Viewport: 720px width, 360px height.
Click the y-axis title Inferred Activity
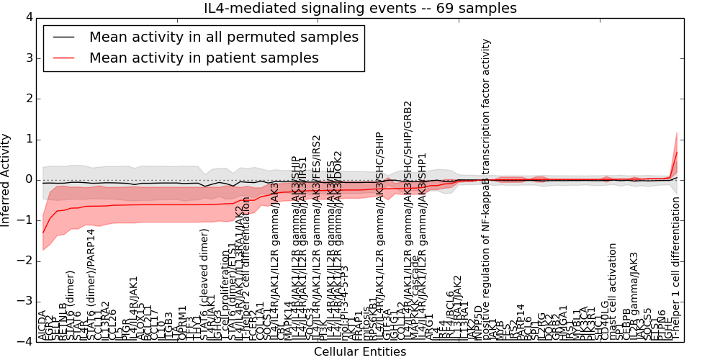coord(6,179)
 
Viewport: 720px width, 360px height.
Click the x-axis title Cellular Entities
coord(359,352)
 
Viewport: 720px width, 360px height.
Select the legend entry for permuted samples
coord(222,37)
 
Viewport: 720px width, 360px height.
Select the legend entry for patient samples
coord(204,58)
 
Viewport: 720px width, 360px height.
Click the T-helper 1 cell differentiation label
coord(676,266)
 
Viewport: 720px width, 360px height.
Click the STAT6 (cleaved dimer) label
coord(204,284)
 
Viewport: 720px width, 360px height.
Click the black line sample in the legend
coord(63,37)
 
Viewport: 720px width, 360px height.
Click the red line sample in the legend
coord(63,58)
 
